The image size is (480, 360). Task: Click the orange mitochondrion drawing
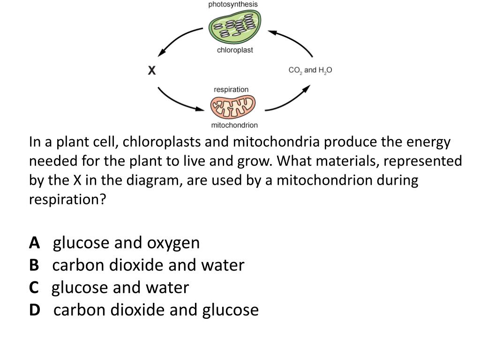coord(233,107)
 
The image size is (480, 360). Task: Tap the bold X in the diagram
coord(152,71)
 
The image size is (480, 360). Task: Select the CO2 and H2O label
coord(310,70)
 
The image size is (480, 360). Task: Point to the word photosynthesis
coord(233,4)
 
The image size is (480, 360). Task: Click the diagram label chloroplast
coord(235,50)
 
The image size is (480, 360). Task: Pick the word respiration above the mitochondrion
coord(231,89)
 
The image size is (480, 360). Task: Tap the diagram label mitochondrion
coord(234,125)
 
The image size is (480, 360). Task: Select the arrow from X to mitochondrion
coord(178,100)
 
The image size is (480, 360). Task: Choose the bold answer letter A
coord(34,243)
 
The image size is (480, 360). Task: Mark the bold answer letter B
coord(34,265)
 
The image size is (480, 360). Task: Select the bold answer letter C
coord(34,287)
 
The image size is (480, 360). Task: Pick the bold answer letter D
coord(35,310)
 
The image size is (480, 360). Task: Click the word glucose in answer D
coord(230,310)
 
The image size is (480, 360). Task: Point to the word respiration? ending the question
coord(68,200)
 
